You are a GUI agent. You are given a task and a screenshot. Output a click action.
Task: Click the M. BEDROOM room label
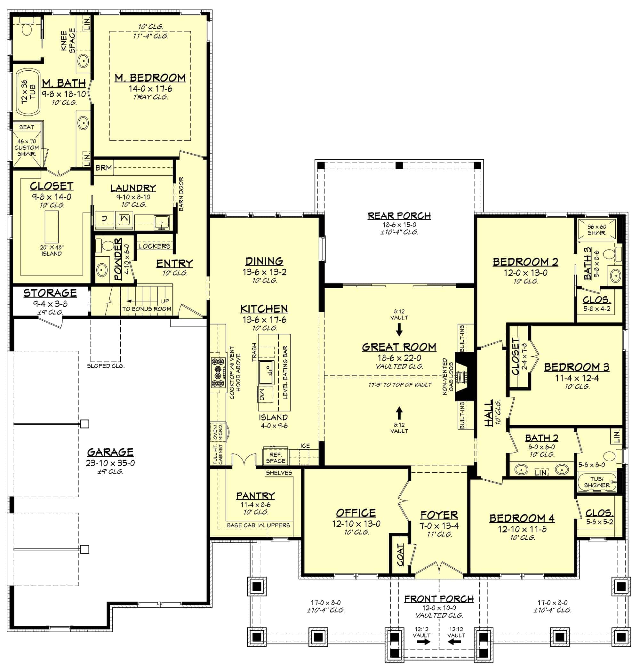tap(150, 78)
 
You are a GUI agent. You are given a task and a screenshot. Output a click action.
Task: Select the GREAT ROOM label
tap(399, 347)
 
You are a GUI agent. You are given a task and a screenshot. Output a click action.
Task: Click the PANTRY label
tap(256, 495)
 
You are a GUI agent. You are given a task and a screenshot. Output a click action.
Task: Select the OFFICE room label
tap(356, 513)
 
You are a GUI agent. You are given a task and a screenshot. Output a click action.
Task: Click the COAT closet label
tap(400, 554)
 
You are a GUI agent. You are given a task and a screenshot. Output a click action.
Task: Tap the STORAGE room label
tap(50, 293)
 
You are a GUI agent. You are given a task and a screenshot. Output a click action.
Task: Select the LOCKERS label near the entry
tap(155, 246)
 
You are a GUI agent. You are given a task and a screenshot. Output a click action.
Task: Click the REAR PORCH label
tap(399, 216)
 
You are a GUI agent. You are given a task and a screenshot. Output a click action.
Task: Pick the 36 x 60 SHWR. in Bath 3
tap(597, 229)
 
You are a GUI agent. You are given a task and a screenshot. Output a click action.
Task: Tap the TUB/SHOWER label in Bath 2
tap(597, 482)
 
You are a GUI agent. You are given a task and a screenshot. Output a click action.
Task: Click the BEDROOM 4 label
tap(522, 518)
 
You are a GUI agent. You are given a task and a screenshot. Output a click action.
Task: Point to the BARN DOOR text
tap(181, 194)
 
